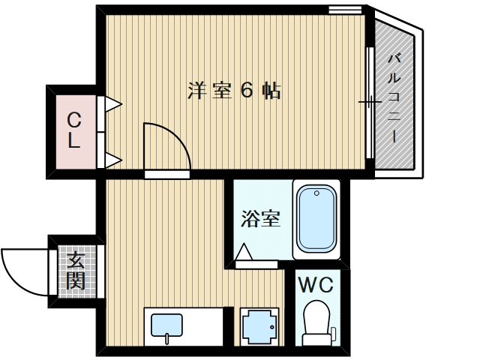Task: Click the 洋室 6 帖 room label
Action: pos(234,91)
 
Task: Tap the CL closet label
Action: pos(73,130)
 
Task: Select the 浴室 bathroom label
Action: pos(259,219)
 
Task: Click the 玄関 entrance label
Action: pos(75,271)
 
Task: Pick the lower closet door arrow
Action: pos(113,159)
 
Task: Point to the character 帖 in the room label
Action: pos(271,91)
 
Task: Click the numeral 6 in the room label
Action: pos(246,91)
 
